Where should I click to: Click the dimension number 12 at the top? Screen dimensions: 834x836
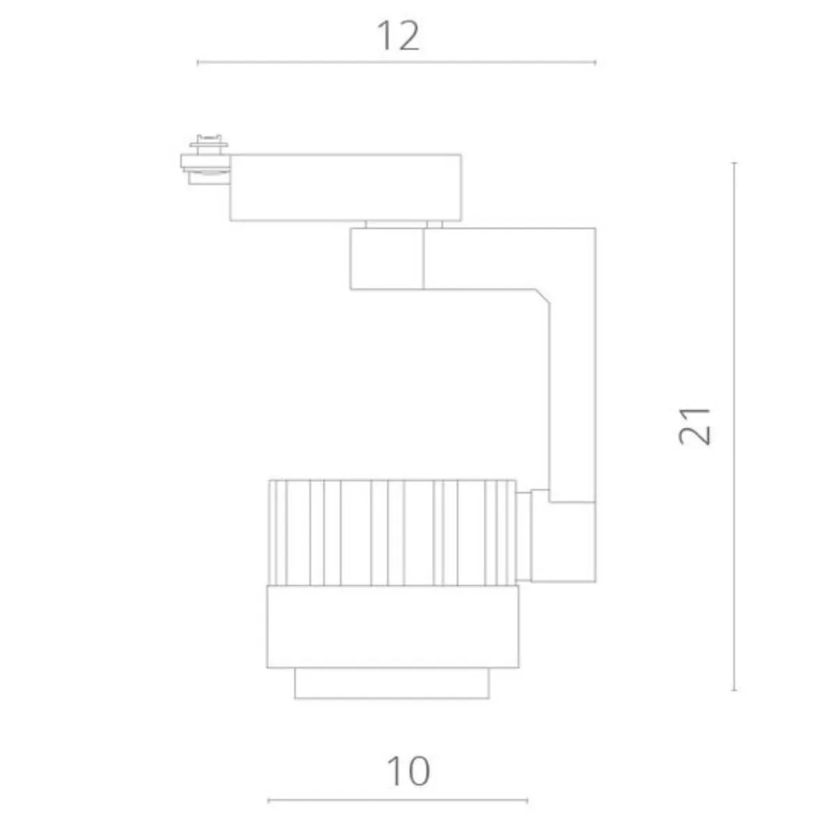[x=398, y=36]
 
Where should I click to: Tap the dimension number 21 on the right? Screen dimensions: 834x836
[x=694, y=426]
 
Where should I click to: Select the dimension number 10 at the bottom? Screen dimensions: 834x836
[x=408, y=771]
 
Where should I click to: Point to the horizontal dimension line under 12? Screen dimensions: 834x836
[x=396, y=63]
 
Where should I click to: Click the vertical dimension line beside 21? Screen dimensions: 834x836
[x=734, y=426]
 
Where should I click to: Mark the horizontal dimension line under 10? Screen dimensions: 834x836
[x=398, y=800]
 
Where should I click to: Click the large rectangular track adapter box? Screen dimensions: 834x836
[x=346, y=187]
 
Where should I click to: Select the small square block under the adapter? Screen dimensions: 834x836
[x=387, y=259]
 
